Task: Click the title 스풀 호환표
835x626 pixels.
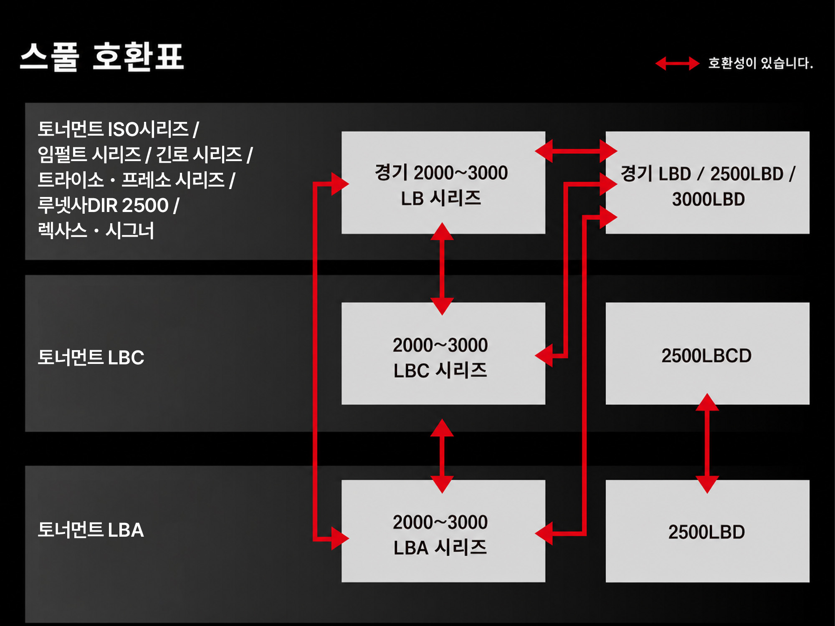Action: click(x=102, y=57)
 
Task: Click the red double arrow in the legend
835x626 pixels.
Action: click(x=677, y=63)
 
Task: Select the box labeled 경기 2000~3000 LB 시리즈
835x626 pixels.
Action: click(x=443, y=183)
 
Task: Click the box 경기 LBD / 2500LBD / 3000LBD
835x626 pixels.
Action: click(x=708, y=183)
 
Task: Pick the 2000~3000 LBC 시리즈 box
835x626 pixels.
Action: click(x=443, y=353)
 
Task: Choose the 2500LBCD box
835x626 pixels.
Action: click(x=708, y=353)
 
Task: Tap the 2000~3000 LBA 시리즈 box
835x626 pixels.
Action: click(x=443, y=531)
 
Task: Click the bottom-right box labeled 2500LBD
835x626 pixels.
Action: click(x=708, y=531)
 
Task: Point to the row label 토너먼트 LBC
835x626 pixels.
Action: click(x=91, y=357)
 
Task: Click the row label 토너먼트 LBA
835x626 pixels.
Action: click(x=91, y=530)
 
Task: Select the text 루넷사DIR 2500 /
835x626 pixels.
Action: click(x=109, y=205)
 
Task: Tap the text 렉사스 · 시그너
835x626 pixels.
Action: click(x=96, y=230)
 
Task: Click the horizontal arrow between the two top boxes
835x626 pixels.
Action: click(x=576, y=151)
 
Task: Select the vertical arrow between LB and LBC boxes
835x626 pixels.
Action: click(x=442, y=268)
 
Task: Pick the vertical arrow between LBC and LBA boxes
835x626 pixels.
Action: click(x=442, y=456)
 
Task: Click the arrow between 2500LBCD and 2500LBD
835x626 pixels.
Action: click(x=707, y=443)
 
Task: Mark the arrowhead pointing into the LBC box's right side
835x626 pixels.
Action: click(x=544, y=356)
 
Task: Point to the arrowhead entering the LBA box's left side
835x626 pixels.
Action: click(x=340, y=538)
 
